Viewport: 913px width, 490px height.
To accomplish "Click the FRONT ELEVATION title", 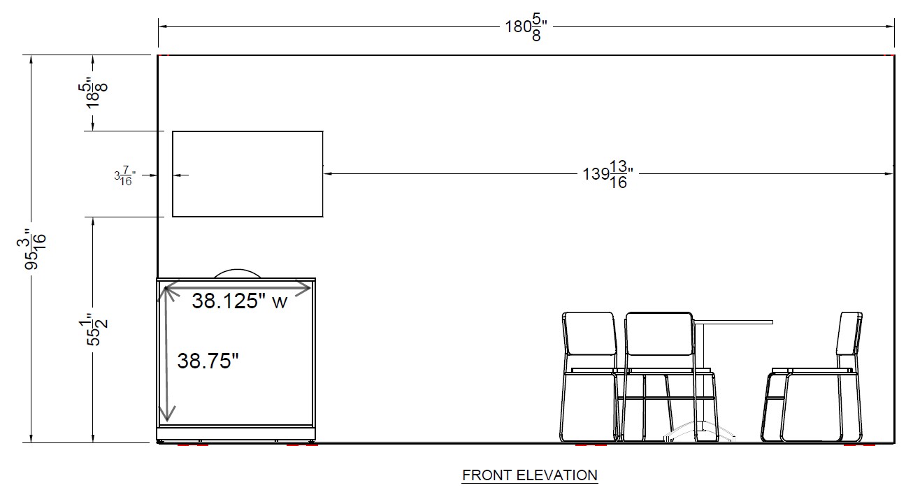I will [530, 475].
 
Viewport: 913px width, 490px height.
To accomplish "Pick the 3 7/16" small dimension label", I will [124, 176].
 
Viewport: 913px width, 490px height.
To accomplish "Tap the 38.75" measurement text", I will [208, 361].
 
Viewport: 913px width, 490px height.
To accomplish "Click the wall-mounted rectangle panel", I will [247, 173].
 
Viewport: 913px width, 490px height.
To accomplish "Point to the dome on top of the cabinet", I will [238, 273].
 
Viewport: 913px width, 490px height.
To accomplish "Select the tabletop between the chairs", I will [734, 322].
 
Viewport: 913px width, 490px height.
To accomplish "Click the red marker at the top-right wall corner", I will [889, 54].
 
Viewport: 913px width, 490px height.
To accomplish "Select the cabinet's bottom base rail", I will [236, 426].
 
